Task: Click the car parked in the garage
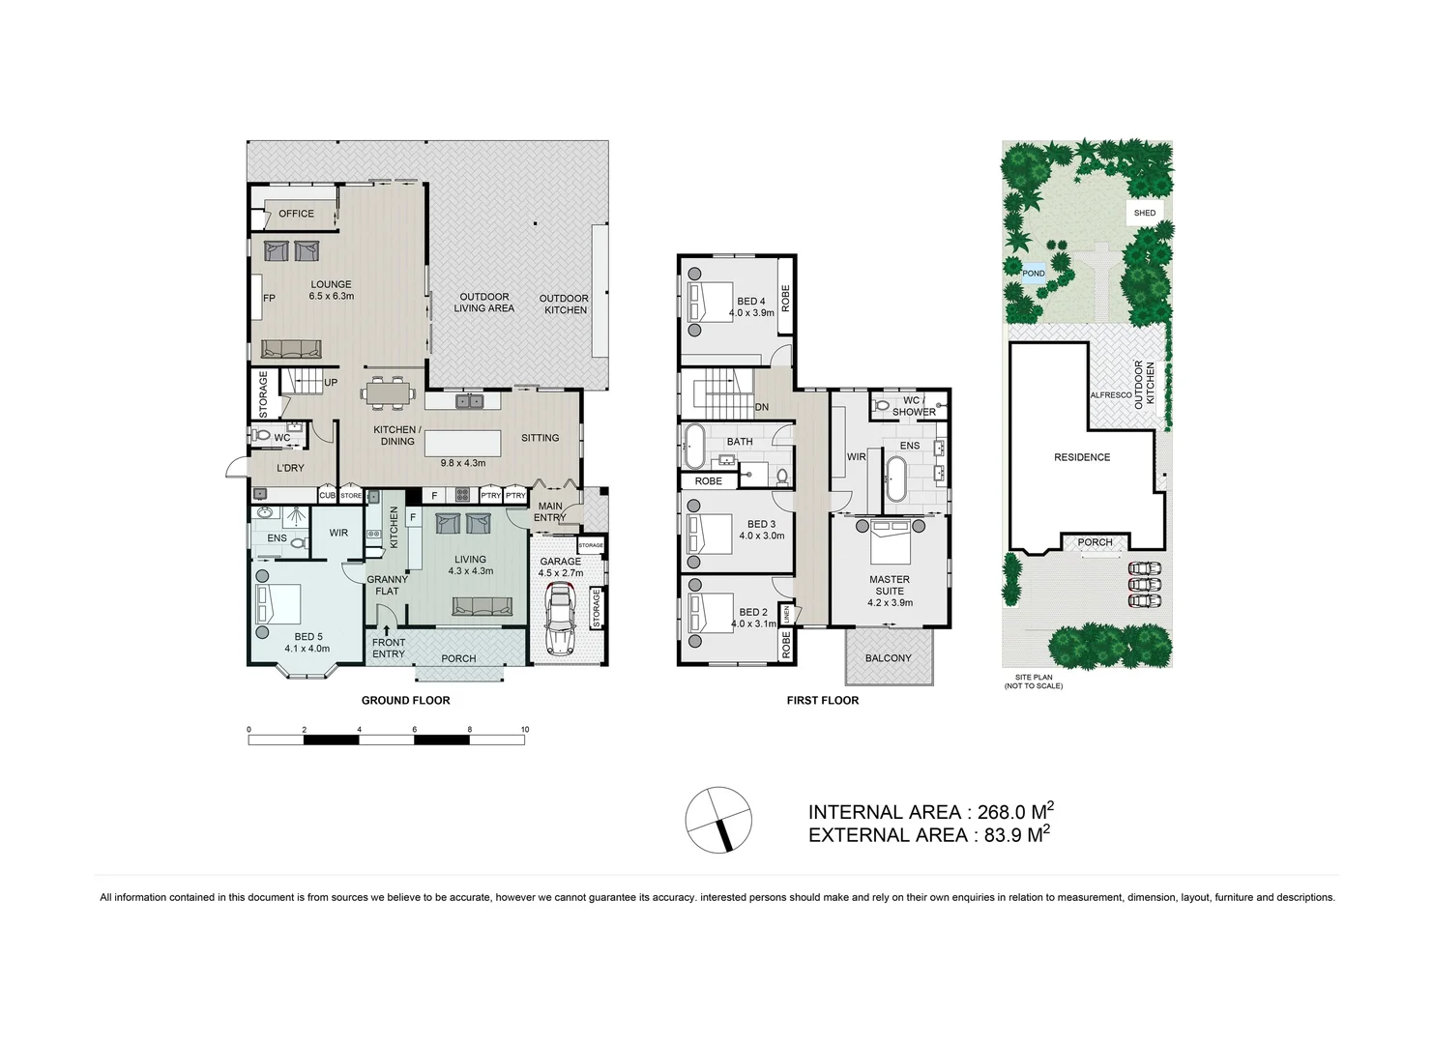(560, 619)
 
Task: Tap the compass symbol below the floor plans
(718, 820)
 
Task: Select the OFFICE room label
(296, 214)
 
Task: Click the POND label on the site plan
(1034, 274)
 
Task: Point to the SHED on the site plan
(1145, 213)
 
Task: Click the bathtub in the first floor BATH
(693, 448)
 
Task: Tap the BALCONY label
(888, 658)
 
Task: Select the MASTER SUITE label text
(890, 586)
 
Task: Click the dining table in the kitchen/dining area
(389, 393)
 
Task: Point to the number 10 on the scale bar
(525, 730)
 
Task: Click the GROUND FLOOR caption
(405, 701)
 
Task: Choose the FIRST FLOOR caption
(822, 701)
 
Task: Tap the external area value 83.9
(1004, 836)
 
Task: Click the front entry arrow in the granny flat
(387, 629)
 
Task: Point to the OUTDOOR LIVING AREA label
(484, 303)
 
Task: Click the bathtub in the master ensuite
(895, 478)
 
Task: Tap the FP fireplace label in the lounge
(269, 298)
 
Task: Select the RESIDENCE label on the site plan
(1082, 457)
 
